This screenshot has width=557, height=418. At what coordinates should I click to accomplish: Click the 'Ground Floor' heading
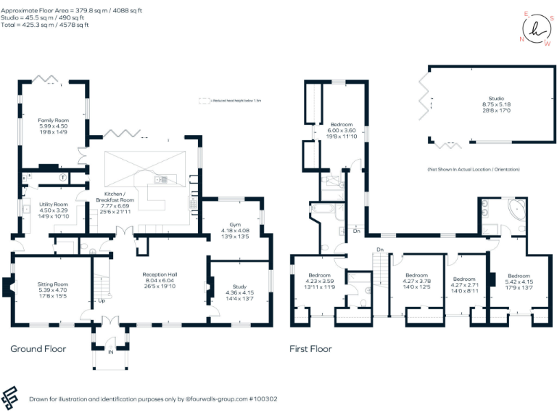(38, 349)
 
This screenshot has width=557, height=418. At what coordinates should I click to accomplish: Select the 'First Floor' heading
(310, 349)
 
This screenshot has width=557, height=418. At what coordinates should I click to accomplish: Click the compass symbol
(535, 28)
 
